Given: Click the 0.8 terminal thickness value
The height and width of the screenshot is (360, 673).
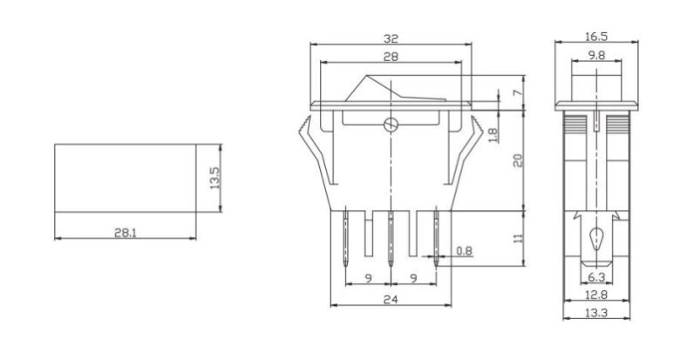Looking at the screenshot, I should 465,252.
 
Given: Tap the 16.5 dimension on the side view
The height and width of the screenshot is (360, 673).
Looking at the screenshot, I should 595,38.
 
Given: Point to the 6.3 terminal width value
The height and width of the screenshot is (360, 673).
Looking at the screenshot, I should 596,278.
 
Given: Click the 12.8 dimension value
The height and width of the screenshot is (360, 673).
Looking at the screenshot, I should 596,295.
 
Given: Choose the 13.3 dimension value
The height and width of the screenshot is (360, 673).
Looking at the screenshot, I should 596,312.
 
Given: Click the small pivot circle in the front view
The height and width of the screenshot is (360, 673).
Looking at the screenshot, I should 391,125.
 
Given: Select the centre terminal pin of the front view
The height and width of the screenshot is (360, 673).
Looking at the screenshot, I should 391,235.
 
